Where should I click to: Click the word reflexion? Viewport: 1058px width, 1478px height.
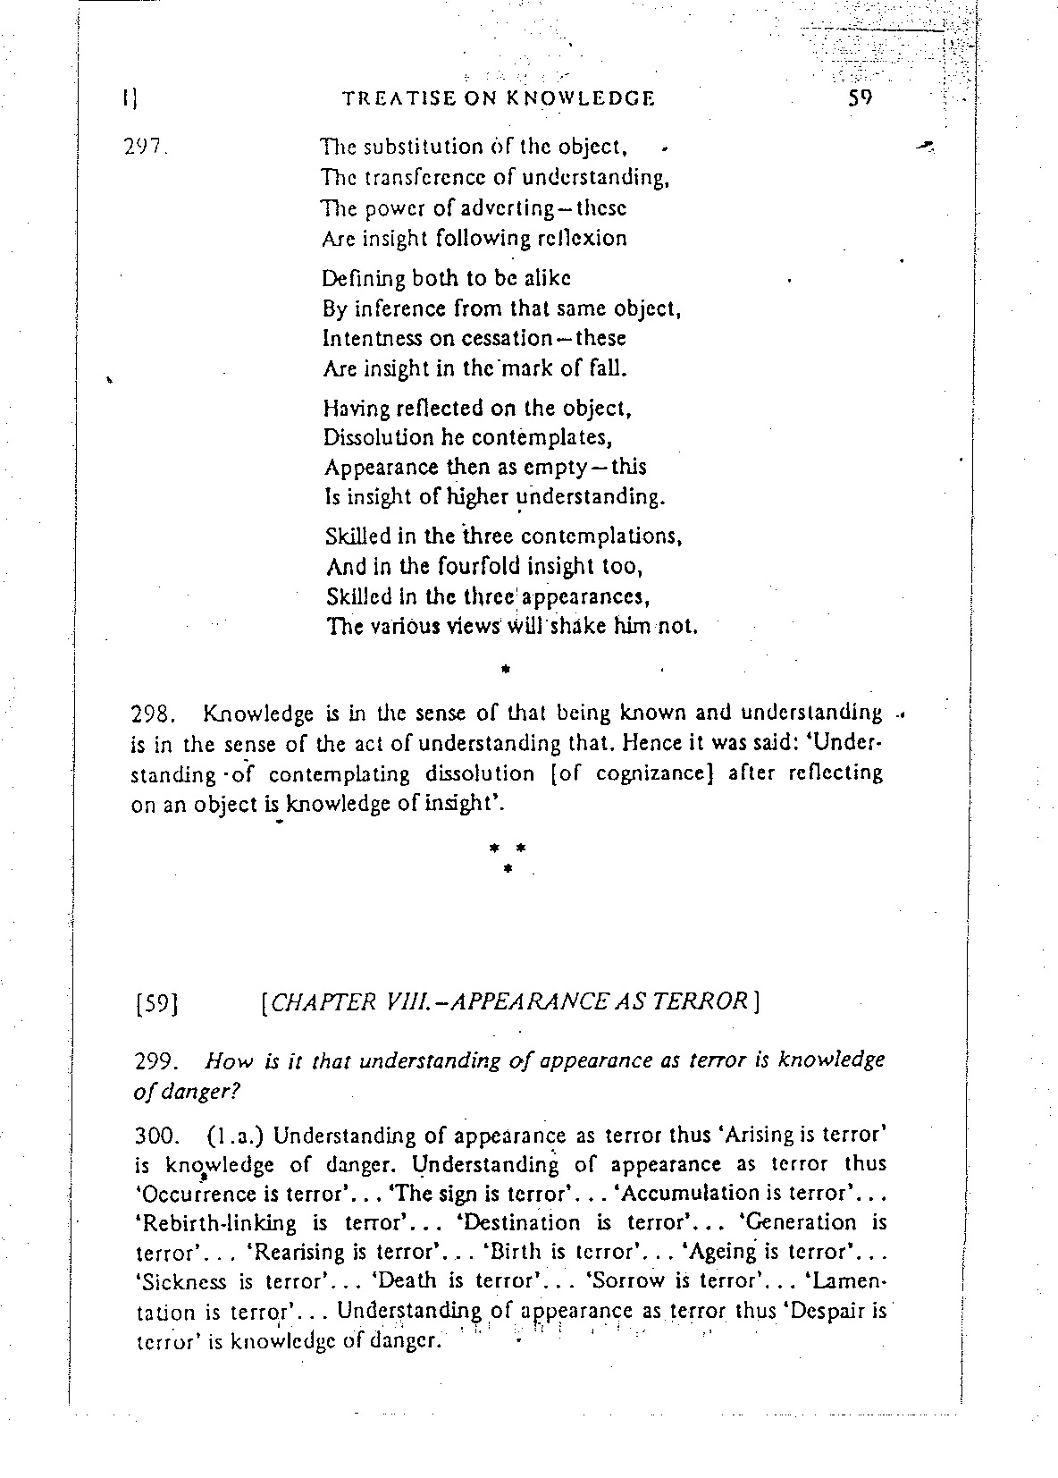582,238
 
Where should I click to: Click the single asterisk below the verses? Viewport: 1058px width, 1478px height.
506,667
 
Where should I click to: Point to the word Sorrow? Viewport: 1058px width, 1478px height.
626,1280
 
